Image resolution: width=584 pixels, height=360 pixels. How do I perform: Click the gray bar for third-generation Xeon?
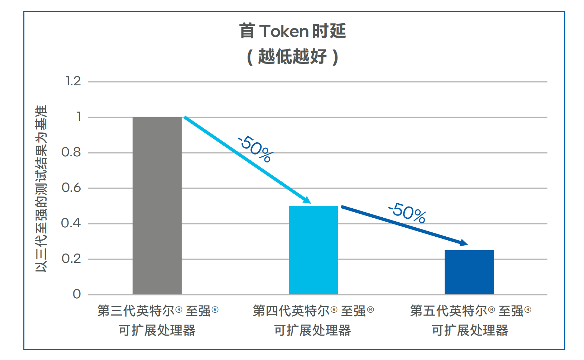pos(157,205)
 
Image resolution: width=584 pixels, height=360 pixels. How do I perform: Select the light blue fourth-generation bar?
pos(313,250)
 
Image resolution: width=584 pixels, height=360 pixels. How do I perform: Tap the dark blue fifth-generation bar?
pos(469,272)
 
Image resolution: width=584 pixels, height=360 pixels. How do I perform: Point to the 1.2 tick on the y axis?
pos(73,81)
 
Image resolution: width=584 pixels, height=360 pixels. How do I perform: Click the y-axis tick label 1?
pos(79,117)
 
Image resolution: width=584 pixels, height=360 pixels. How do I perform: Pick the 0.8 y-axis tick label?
pos(71,152)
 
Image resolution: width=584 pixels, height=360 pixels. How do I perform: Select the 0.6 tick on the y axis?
pos(71,188)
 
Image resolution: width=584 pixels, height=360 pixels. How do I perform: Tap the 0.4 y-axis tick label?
pos(71,223)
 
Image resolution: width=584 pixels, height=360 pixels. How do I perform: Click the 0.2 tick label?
pos(71,259)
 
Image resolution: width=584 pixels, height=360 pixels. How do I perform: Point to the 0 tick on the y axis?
pos(77,294)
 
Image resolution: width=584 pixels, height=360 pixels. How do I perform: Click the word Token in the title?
pos(283,31)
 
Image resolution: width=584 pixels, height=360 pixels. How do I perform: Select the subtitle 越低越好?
pos(292,56)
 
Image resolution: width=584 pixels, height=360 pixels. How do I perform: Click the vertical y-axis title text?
pos(41,189)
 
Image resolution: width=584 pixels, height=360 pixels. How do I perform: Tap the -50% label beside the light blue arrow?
pos(255,148)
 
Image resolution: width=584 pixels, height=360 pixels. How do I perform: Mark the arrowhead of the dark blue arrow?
pos(464,243)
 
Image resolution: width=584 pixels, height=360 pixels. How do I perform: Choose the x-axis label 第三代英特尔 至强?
pos(158,311)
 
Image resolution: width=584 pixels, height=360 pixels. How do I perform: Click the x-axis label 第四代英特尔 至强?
pos(313,311)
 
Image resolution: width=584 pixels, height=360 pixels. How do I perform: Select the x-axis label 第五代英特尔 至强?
pos(470,311)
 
